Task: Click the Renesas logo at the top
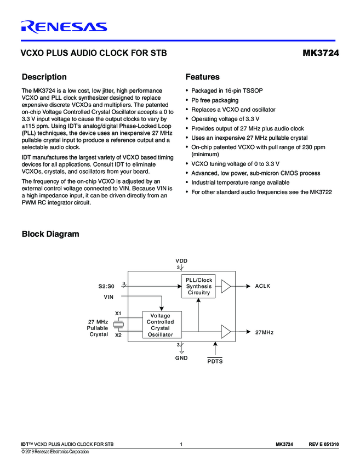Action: [x=64, y=26]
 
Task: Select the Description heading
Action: [x=44, y=77]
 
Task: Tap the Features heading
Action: [x=202, y=77]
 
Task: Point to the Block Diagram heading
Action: [x=50, y=234]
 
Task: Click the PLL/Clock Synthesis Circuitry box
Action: [x=198, y=286]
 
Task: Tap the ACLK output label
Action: [x=262, y=286]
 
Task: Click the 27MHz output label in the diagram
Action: [x=264, y=332]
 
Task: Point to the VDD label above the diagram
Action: [x=181, y=260]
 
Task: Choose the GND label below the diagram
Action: [x=181, y=358]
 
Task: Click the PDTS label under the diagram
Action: [x=215, y=362]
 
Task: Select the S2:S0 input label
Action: [x=103, y=286]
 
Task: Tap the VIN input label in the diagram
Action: [x=109, y=297]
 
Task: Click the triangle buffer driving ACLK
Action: [x=226, y=286]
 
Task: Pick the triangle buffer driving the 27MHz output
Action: [x=226, y=332]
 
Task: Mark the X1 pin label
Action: [x=118, y=314]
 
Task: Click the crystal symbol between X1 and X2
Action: [x=118, y=324]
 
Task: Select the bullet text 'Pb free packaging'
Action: [x=214, y=100]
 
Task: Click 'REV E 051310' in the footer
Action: [x=323, y=444]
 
